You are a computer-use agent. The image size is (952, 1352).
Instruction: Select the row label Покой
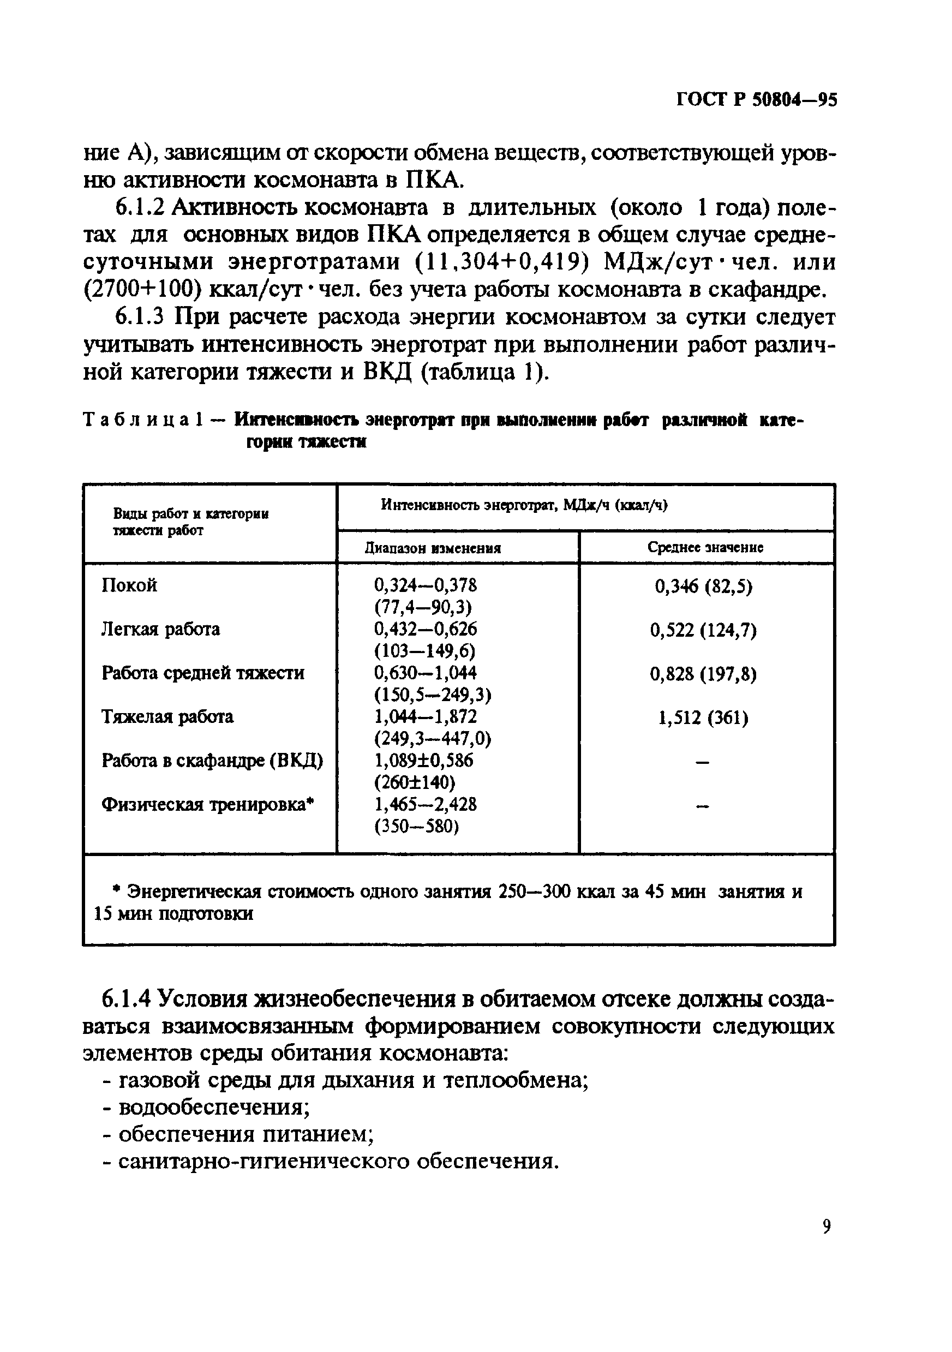point(129,585)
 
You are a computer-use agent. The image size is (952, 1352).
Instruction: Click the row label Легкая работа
point(160,629)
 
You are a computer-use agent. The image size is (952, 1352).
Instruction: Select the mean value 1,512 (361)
point(703,718)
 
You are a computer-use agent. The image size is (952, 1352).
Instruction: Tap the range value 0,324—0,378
point(425,585)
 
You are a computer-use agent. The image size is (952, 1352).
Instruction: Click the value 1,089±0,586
point(423,760)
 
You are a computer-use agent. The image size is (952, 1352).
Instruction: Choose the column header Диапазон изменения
point(433,548)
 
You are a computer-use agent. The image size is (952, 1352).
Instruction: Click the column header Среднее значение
point(705,547)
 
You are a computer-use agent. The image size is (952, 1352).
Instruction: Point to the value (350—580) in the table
point(416,827)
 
